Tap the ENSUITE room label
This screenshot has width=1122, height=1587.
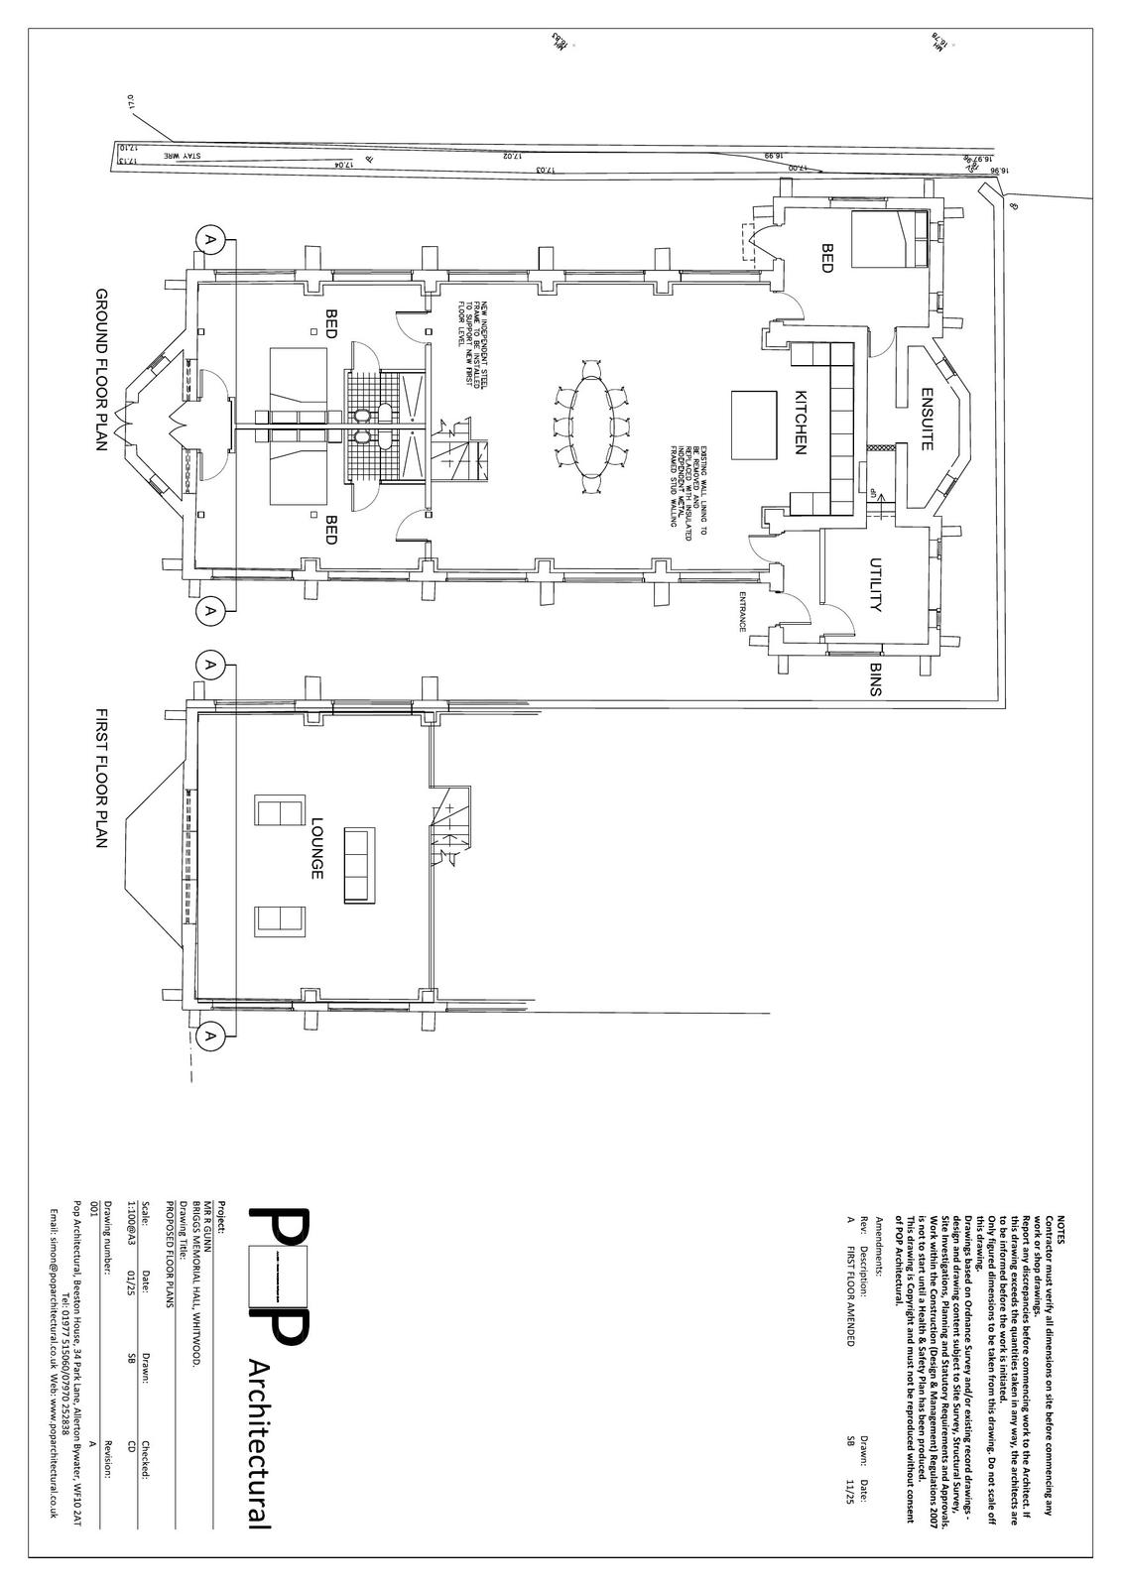click(x=927, y=419)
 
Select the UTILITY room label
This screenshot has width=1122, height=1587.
click(x=876, y=585)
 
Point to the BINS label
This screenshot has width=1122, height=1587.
click(x=876, y=680)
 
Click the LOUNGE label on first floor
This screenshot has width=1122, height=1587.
click(x=316, y=848)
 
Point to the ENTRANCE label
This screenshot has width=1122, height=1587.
click(x=740, y=611)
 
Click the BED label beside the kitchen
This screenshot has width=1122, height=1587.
click(x=826, y=256)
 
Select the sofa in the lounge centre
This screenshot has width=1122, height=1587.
click(x=356, y=865)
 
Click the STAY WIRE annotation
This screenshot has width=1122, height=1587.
click(x=183, y=155)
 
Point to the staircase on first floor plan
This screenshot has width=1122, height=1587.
click(x=452, y=825)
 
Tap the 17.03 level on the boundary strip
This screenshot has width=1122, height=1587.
click(x=544, y=170)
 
